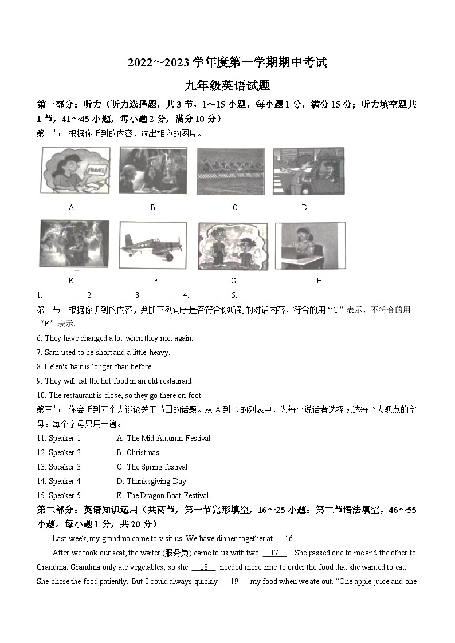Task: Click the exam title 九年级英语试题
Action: pyautogui.click(x=227, y=86)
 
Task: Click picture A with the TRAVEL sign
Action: pyautogui.click(x=75, y=171)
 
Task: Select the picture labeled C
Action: pyautogui.click(x=231, y=171)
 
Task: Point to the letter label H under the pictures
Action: pyautogui.click(x=319, y=281)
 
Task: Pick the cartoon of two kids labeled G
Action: pyautogui.click(x=233, y=244)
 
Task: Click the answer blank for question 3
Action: pyautogui.click(x=157, y=295)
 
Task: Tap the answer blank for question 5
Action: pyautogui.click(x=253, y=295)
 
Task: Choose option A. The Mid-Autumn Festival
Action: pyautogui.click(x=163, y=438)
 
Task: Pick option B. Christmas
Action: pyautogui.click(x=138, y=452)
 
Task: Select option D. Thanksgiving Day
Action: pyautogui.click(x=151, y=481)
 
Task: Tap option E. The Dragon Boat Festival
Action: pyautogui.click(x=162, y=495)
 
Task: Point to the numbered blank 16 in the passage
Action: pyautogui.click(x=289, y=538)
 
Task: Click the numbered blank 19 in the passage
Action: pyautogui.click(x=234, y=581)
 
